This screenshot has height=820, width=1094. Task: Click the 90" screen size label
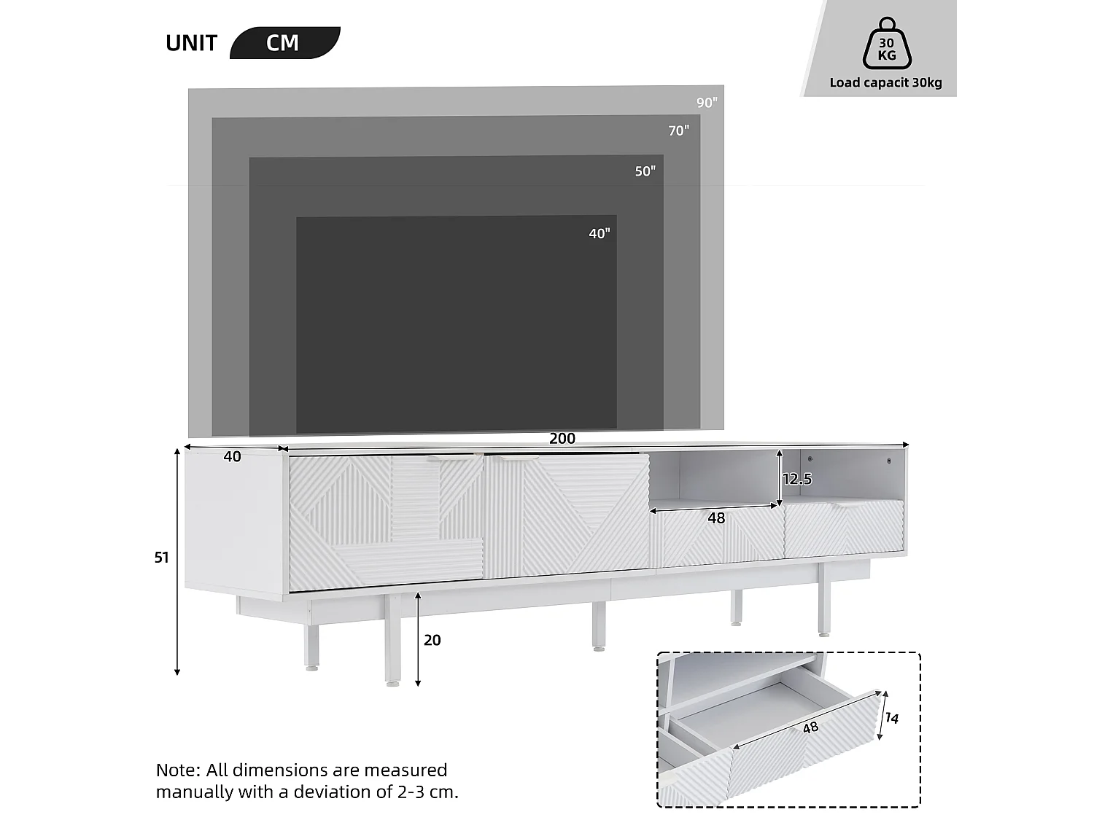click(x=707, y=103)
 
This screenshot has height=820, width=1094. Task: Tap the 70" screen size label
click(x=678, y=131)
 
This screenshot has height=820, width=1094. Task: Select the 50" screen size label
click(x=645, y=172)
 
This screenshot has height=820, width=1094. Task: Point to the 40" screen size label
click(x=599, y=234)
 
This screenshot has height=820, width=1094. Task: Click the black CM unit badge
click(x=284, y=43)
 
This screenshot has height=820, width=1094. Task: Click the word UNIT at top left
click(x=191, y=43)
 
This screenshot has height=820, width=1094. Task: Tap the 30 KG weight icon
click(x=886, y=45)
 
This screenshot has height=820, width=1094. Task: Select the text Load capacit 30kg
click(x=885, y=83)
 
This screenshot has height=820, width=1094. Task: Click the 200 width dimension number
click(x=562, y=439)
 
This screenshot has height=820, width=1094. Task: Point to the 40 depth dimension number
click(x=232, y=457)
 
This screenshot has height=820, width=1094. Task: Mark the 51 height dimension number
click(x=161, y=558)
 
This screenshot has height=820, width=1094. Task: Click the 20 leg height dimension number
click(x=432, y=640)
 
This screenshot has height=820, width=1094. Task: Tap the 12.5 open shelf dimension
click(x=796, y=479)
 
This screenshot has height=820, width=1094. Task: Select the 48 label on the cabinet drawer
click(x=716, y=518)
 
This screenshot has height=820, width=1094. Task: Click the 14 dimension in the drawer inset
click(x=891, y=719)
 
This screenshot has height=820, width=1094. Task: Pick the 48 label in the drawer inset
click(x=810, y=727)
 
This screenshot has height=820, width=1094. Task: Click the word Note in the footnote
click(x=177, y=770)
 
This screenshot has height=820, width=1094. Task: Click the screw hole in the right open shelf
click(x=889, y=461)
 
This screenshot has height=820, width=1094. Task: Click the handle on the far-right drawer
click(x=847, y=504)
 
